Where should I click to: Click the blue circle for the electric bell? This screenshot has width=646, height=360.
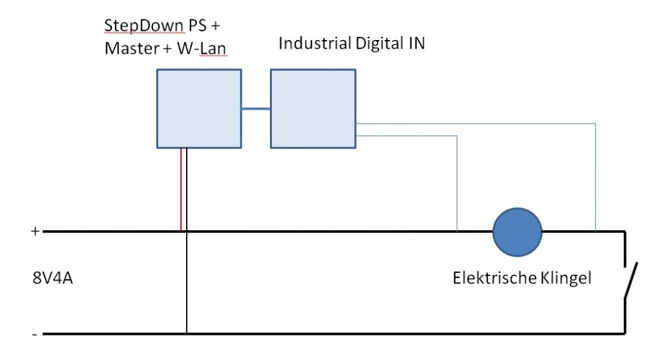click(x=517, y=231)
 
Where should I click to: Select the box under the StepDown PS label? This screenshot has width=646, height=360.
click(x=199, y=109)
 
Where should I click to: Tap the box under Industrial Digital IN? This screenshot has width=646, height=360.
click(x=313, y=109)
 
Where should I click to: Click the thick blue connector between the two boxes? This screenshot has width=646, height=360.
click(x=256, y=109)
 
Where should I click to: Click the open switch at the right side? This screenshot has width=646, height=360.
click(x=630, y=281)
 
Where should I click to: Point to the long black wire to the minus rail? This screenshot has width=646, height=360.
click(x=187, y=284)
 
